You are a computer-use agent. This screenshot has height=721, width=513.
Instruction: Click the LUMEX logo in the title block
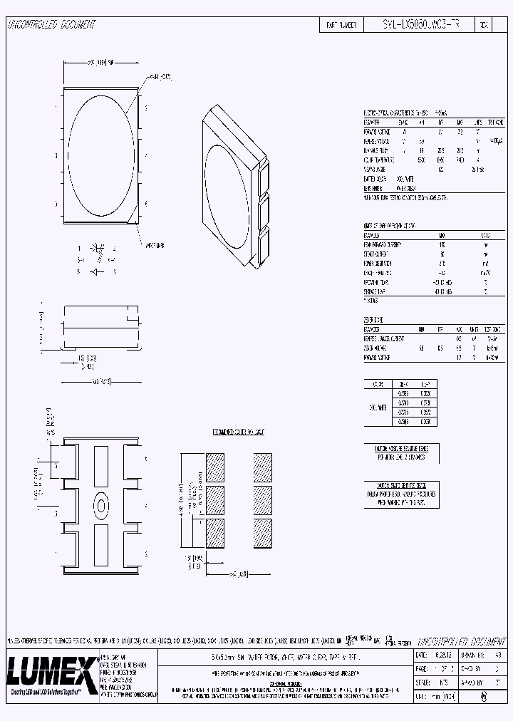point(51,670)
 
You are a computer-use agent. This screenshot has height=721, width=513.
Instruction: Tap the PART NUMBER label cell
point(342,24)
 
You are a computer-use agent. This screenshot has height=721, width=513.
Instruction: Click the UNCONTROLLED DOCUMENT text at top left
point(51,24)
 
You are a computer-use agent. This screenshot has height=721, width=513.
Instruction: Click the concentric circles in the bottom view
point(100,506)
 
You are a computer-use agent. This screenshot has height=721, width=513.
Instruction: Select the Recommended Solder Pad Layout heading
point(239,432)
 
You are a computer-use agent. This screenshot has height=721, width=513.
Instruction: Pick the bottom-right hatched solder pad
point(263,532)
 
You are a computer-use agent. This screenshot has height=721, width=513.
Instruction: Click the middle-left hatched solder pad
point(214,499)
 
